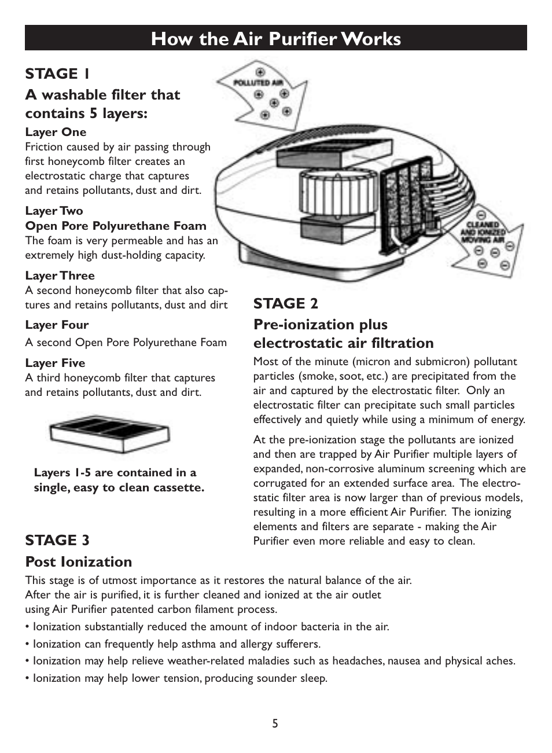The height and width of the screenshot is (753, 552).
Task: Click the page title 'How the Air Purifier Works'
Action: (275, 39)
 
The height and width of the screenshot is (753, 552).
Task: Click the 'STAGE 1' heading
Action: (57, 74)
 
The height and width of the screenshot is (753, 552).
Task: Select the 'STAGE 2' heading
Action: (285, 303)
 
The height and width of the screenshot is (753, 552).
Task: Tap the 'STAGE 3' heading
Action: (57, 540)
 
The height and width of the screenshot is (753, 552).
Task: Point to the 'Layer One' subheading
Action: (56, 132)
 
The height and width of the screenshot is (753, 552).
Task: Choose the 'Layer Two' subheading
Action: (54, 211)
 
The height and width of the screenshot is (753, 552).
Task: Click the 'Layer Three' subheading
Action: (60, 276)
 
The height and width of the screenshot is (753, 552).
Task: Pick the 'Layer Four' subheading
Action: (57, 325)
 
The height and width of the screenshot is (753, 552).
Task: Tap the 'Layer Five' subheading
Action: (55, 363)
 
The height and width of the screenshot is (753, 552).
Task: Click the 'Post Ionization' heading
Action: (78, 561)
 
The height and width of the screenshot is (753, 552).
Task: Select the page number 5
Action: (275, 723)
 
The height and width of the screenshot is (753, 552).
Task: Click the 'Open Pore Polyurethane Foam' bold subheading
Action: (116, 226)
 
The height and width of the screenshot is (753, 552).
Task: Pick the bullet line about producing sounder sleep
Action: (176, 678)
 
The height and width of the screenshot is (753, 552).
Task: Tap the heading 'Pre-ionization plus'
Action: (321, 324)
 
